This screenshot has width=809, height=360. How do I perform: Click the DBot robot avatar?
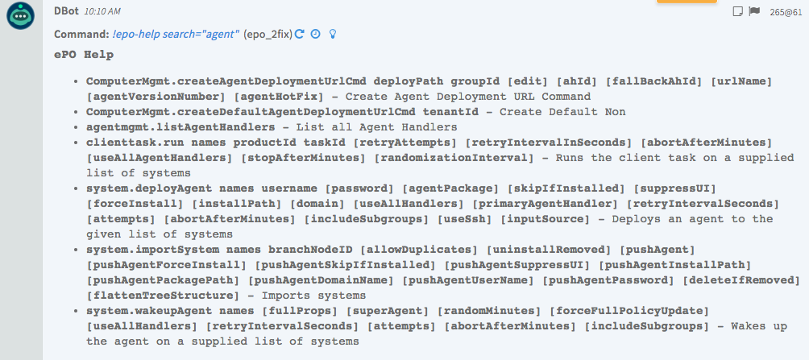[20, 16]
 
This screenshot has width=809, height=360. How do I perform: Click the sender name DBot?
[66, 13]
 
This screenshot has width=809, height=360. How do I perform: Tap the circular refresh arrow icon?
[299, 34]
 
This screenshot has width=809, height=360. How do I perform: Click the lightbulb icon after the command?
[331, 34]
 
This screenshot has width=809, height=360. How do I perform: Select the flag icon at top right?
[754, 11]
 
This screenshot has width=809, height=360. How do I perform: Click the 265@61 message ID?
[786, 12]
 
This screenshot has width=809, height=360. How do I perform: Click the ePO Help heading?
[84, 55]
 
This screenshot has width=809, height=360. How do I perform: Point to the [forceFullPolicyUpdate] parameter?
[633, 310]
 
